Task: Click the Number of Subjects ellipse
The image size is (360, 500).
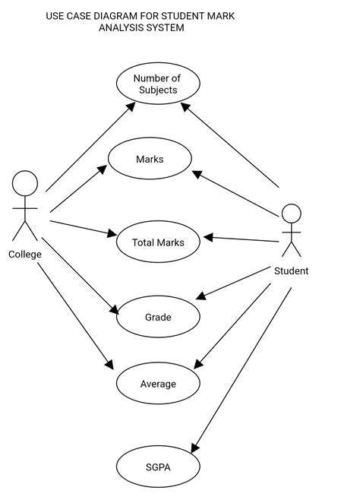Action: click(x=157, y=84)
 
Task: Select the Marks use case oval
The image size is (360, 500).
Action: click(x=150, y=159)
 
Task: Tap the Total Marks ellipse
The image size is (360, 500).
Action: click(x=158, y=242)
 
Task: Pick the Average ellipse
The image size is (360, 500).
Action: click(x=157, y=384)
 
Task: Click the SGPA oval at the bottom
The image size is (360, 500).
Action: click(x=157, y=467)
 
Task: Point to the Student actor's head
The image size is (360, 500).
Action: click(x=292, y=214)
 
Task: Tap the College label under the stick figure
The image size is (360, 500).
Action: click(x=25, y=255)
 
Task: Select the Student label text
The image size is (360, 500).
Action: click(x=291, y=271)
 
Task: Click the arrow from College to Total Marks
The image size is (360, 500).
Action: click(x=82, y=227)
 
